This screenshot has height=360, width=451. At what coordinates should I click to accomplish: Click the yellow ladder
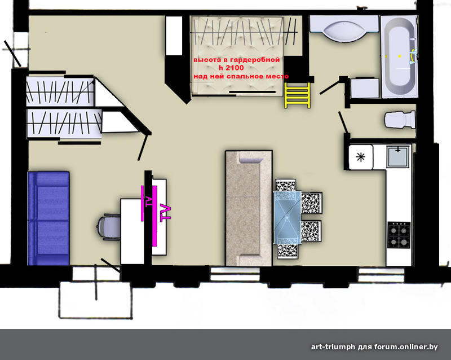point(298,95)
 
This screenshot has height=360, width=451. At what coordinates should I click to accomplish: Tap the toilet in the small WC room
point(400,119)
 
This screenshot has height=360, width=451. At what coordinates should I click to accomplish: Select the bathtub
point(399,57)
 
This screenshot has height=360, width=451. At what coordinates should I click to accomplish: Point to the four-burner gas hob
point(399,235)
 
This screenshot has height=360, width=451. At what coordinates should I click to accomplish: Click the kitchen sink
point(398,157)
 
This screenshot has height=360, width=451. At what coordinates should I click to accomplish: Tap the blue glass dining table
point(287,217)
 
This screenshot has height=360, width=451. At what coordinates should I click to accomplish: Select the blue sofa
point(48,218)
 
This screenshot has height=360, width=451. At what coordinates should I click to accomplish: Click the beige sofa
point(249,208)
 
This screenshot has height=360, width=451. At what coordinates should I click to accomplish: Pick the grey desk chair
point(108,227)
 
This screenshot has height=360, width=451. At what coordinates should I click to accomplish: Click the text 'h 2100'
point(231,68)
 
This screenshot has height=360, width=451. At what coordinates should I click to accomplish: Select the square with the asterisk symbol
point(361,157)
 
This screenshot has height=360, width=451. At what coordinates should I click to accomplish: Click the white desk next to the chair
point(132,231)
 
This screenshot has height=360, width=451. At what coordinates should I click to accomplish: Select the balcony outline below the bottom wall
point(95,300)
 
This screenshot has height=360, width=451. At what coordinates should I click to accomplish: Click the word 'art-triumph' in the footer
point(333,347)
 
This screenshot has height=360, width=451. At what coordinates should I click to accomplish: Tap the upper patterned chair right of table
point(312,203)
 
